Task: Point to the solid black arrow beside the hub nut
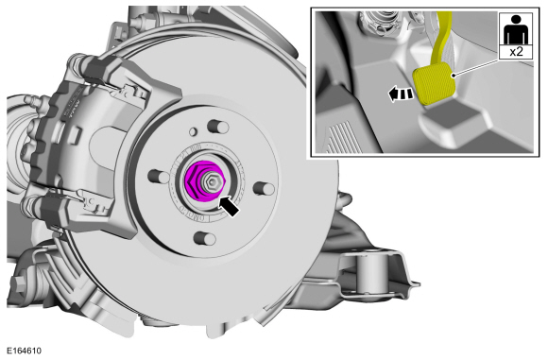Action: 229,207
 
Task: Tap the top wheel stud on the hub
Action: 217,127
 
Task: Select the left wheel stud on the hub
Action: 159,176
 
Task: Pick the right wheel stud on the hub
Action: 264,188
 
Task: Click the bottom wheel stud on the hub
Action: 205,238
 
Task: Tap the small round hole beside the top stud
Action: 193,131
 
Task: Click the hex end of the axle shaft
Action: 212,181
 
